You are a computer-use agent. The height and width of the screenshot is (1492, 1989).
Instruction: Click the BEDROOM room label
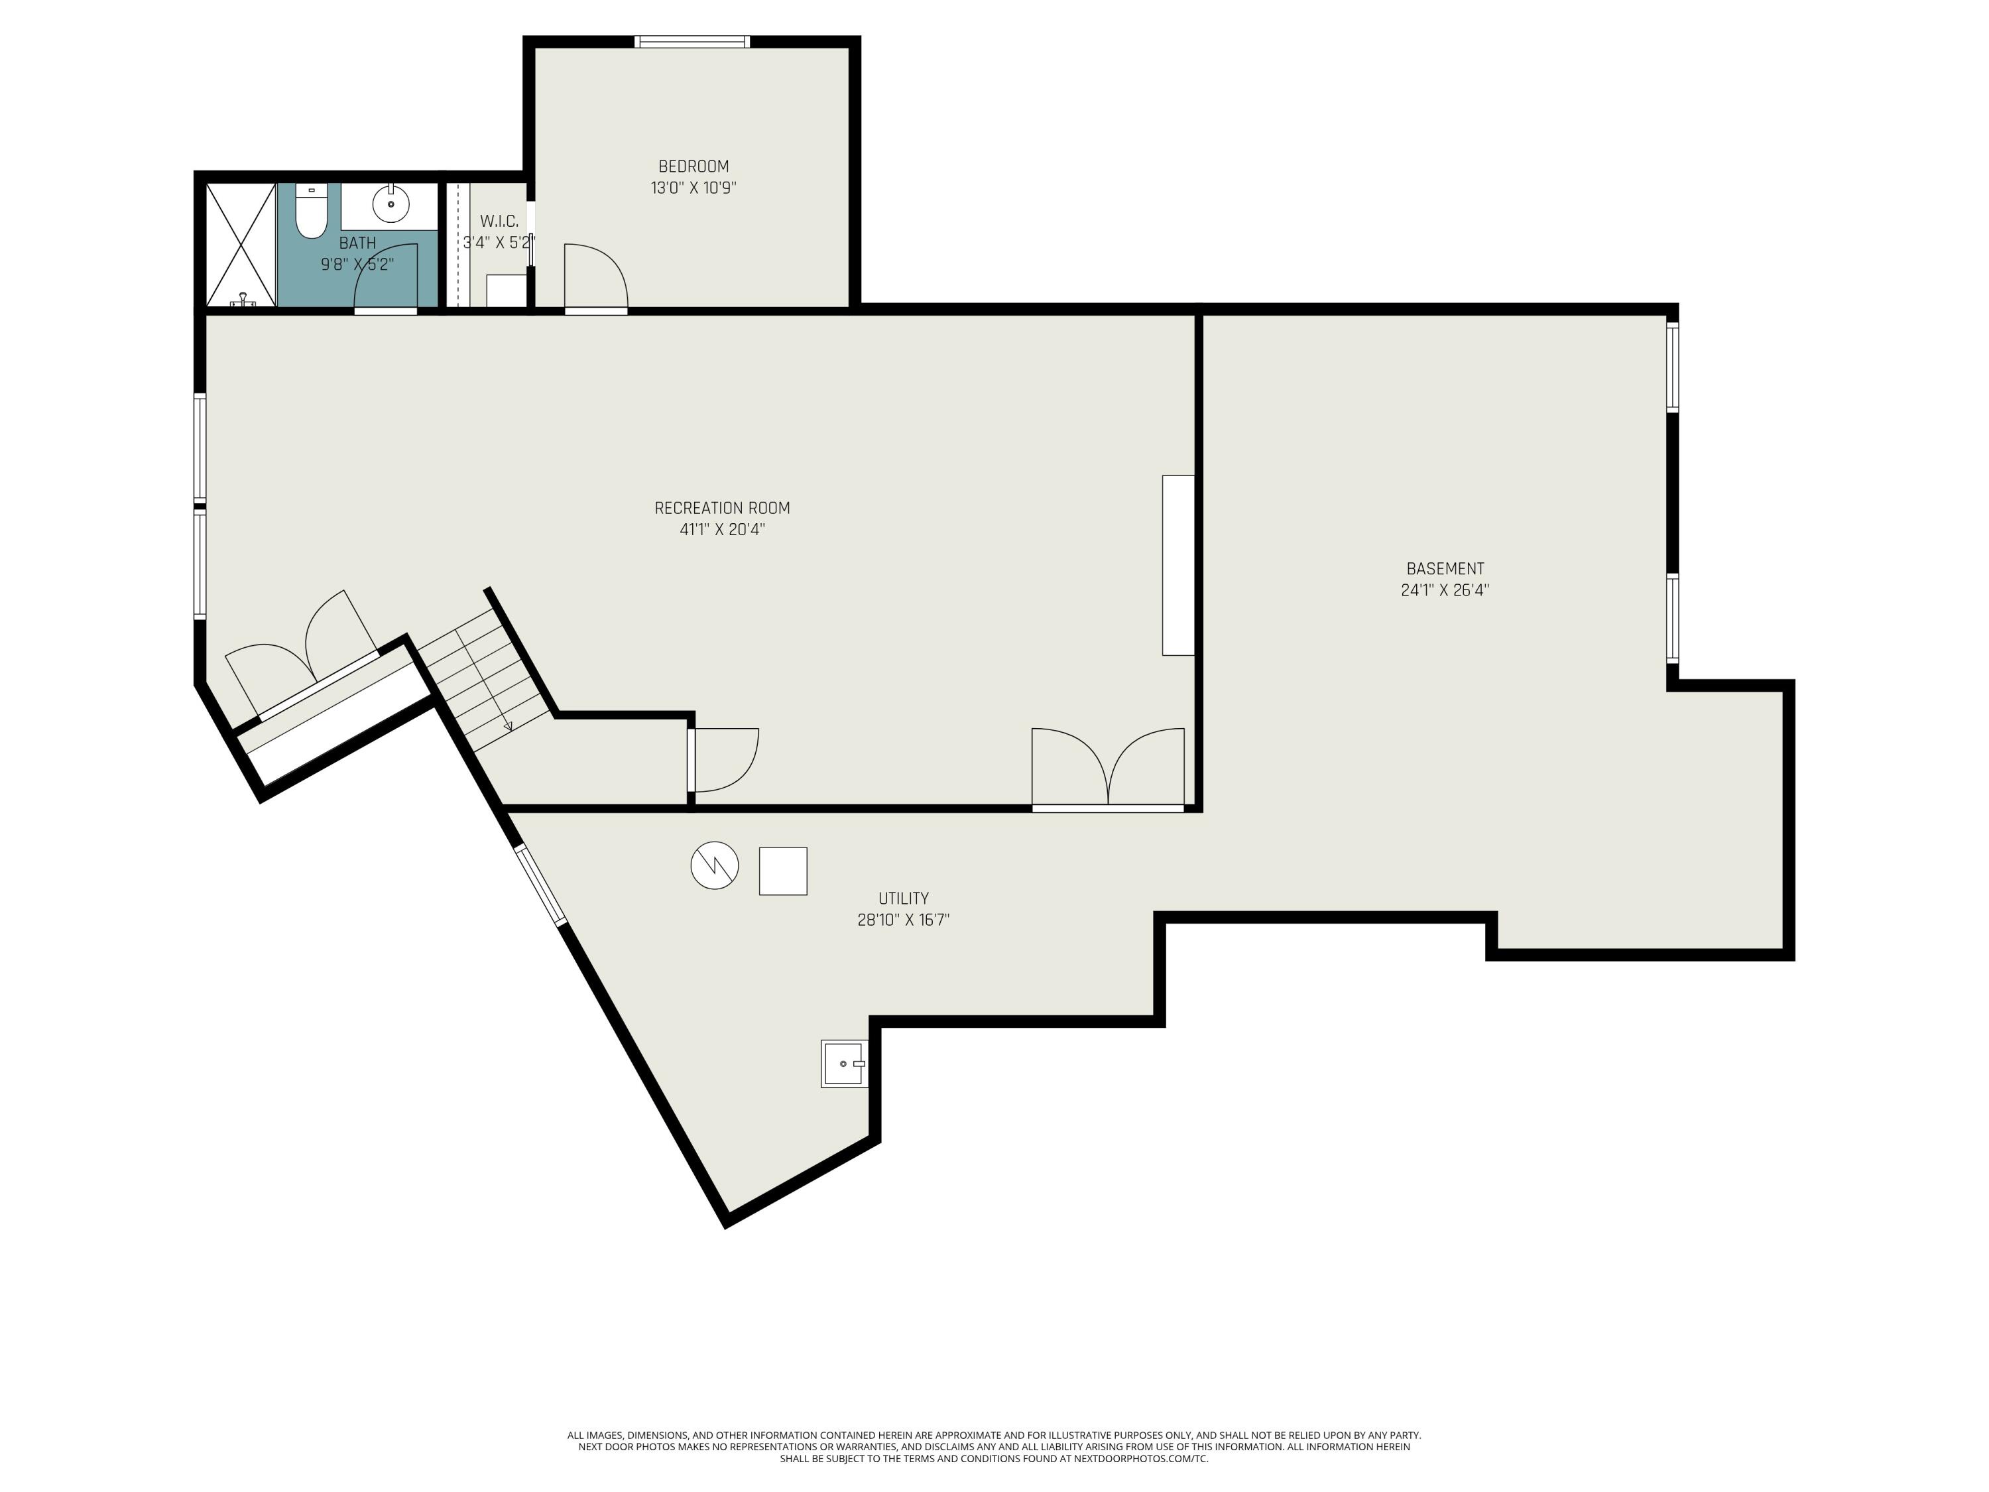[x=693, y=166]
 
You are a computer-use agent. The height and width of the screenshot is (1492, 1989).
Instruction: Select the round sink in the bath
[x=391, y=204]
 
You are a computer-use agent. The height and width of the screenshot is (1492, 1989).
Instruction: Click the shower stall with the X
[x=241, y=245]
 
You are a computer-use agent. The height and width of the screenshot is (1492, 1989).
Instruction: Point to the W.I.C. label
[x=499, y=221]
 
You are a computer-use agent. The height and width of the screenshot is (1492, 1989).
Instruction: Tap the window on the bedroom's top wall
[x=692, y=41]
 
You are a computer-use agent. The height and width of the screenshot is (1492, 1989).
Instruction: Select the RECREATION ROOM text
[x=722, y=508]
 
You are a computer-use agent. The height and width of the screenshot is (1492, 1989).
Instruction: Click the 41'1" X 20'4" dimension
[x=722, y=530]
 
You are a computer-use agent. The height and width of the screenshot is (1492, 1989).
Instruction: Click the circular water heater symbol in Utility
[x=715, y=866]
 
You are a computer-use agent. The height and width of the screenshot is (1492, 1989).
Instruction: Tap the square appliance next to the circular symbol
[x=783, y=871]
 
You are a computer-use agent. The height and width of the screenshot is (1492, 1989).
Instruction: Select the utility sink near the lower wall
[x=845, y=1064]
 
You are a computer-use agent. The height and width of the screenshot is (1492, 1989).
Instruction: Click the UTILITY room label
[x=904, y=899]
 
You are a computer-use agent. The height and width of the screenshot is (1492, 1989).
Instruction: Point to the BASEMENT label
[x=1445, y=569]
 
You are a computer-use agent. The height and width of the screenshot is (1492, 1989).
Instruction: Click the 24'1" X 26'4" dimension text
[x=1445, y=591]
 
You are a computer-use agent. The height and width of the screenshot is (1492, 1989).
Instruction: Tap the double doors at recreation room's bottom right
[x=1108, y=767]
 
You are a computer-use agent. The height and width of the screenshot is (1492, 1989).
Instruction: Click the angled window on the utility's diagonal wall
[x=540, y=885]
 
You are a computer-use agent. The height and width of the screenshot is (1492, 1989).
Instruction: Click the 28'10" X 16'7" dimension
[x=904, y=920]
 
